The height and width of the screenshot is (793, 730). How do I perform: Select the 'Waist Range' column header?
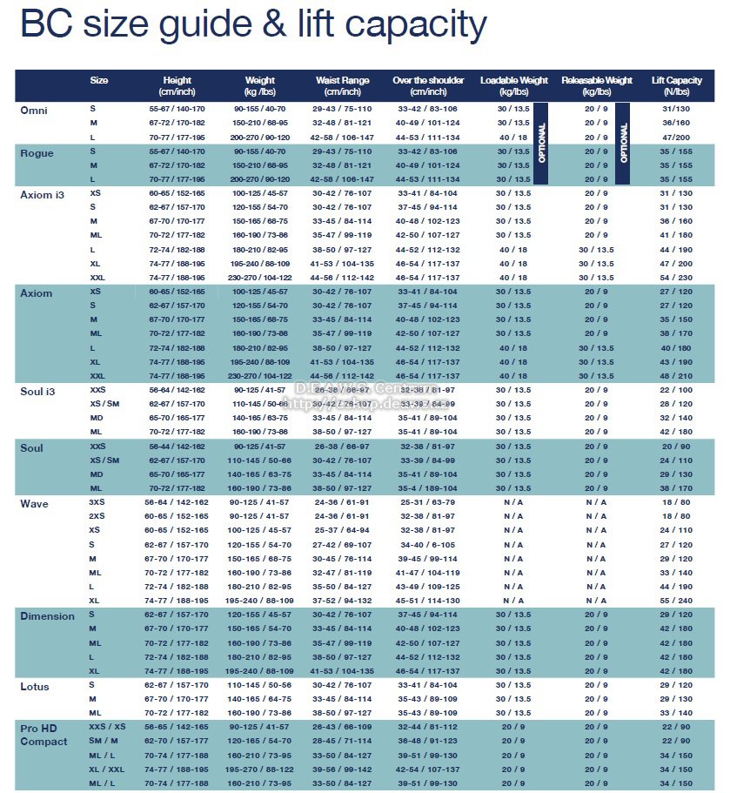coord(342,85)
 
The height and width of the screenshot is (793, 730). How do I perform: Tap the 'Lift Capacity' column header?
coord(676,85)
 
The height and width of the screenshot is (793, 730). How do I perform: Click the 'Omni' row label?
coord(34,111)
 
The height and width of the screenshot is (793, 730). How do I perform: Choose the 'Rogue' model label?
coord(37,153)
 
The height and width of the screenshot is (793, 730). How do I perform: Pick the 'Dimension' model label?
coord(47,616)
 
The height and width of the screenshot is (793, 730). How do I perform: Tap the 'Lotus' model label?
coord(35,687)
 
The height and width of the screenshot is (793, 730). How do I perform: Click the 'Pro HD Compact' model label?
coord(44,734)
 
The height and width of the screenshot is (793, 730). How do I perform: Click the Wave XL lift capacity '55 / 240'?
coord(676,601)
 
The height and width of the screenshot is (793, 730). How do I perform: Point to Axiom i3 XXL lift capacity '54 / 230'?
coord(676,277)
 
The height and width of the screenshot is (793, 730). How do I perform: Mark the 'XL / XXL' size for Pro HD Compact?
coord(107,769)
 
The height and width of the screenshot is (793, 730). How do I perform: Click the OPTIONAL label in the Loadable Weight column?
coord(540,143)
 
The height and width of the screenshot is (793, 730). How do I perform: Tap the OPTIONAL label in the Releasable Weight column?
coord(622,143)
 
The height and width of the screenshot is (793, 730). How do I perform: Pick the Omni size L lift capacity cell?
coord(676,138)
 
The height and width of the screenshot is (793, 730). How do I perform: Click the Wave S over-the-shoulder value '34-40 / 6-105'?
coord(427,544)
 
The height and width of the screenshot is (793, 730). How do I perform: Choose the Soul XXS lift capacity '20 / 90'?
coord(676,446)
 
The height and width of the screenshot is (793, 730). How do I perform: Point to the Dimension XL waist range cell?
coord(342,671)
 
